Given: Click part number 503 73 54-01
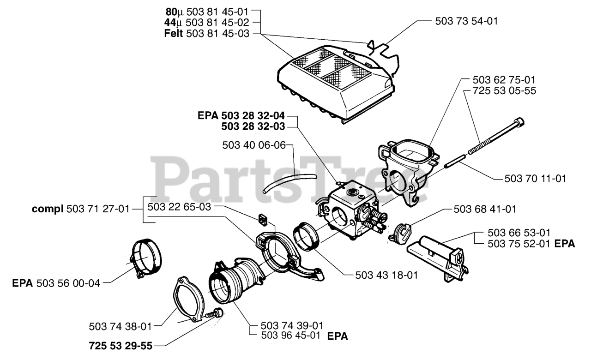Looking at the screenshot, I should pos(466,21).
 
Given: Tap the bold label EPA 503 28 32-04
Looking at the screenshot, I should pos(247,116).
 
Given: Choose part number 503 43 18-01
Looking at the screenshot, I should pos(387,275).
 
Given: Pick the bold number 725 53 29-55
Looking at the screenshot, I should pos(121,345).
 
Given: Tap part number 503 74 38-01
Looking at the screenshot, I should pos(120,326).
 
